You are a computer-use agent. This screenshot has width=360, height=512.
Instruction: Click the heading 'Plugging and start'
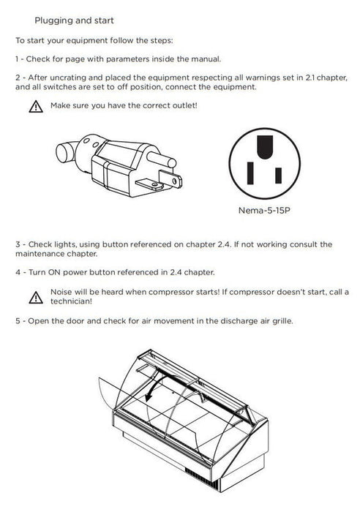pos(74,20)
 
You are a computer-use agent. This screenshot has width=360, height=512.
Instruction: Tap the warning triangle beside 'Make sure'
pos(36,107)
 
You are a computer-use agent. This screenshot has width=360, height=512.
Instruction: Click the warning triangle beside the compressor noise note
pos(36,298)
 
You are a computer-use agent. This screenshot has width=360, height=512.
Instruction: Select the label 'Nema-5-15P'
pos(264,211)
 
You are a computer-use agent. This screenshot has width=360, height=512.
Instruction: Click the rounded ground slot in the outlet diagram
pos(265,147)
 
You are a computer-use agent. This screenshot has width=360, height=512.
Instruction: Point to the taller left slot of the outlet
pos(250,173)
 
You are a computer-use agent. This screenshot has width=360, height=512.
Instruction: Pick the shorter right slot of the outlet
pos(278,176)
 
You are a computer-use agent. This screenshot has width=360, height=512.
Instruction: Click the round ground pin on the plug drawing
pos(162,159)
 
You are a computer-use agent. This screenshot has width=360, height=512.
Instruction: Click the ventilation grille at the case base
pos(202,478)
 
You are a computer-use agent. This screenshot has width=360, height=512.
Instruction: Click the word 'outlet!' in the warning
pos(186,106)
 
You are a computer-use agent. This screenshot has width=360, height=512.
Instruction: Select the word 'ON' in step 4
pos(54,272)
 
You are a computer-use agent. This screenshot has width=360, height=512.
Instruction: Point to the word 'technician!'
pos(71,301)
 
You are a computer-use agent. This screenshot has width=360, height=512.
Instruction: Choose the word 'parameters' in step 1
pos(128,59)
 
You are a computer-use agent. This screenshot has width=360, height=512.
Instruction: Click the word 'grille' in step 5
pos(282,321)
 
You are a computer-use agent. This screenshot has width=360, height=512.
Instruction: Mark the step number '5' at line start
pos(18,321)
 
